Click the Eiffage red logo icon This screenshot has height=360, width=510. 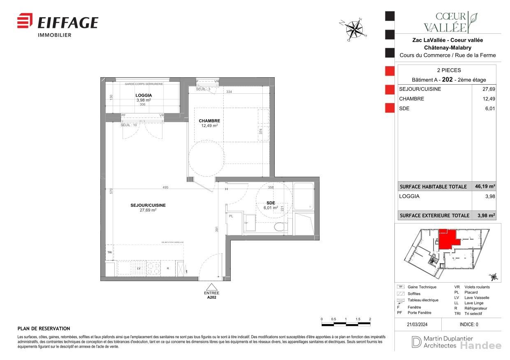pyautogui.click(x=25, y=21)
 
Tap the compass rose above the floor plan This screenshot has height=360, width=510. pyautogui.click(x=353, y=29)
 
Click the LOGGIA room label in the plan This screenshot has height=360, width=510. pyautogui.click(x=144, y=95)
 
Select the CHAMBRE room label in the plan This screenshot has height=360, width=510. pyautogui.click(x=209, y=121)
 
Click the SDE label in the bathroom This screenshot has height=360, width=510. pyautogui.click(x=271, y=203)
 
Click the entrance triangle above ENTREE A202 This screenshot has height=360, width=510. pyautogui.click(x=211, y=287)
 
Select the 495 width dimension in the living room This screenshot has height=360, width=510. pyautogui.click(x=165, y=187)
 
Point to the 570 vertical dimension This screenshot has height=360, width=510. pyautogui.click(x=111, y=191)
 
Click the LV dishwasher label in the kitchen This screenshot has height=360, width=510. pyautogui.click(x=139, y=268)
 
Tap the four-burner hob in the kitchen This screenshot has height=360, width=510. pyautogui.click(x=153, y=268)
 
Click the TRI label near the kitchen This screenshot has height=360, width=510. pyautogui.click(x=109, y=252)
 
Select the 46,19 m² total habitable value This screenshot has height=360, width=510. pyautogui.click(x=486, y=187)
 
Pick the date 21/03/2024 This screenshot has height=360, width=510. pyautogui.click(x=417, y=324)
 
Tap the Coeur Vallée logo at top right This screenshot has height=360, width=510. pyautogui.click(x=450, y=22)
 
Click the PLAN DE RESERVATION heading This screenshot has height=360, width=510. pyautogui.click(x=44, y=329)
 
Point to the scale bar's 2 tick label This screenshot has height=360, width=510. pyautogui.click(x=370, y=319)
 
